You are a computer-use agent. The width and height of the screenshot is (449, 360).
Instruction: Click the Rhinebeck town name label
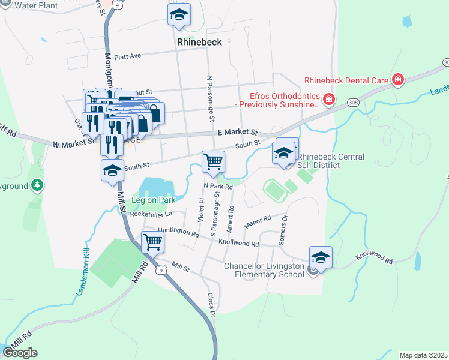pos(200,42)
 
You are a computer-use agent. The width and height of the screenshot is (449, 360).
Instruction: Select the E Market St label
pos(237,133)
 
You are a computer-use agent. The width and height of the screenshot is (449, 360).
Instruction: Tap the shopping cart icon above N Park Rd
pos(214,162)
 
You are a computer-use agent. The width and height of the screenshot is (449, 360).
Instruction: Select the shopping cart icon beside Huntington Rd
pos(153,243)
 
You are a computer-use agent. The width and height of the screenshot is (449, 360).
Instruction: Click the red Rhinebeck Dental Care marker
pos(397,80)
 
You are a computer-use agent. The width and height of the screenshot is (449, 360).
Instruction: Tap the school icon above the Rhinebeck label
pos(179,16)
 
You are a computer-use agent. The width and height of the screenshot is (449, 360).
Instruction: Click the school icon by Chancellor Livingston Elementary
pos(321,258)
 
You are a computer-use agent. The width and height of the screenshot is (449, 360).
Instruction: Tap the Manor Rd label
pos(258,223)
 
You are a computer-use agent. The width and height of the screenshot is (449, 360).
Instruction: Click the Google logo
pos(20,353)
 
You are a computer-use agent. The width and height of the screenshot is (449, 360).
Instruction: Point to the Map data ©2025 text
pos(423,355)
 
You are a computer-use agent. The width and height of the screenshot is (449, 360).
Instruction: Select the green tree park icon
pos(38,185)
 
